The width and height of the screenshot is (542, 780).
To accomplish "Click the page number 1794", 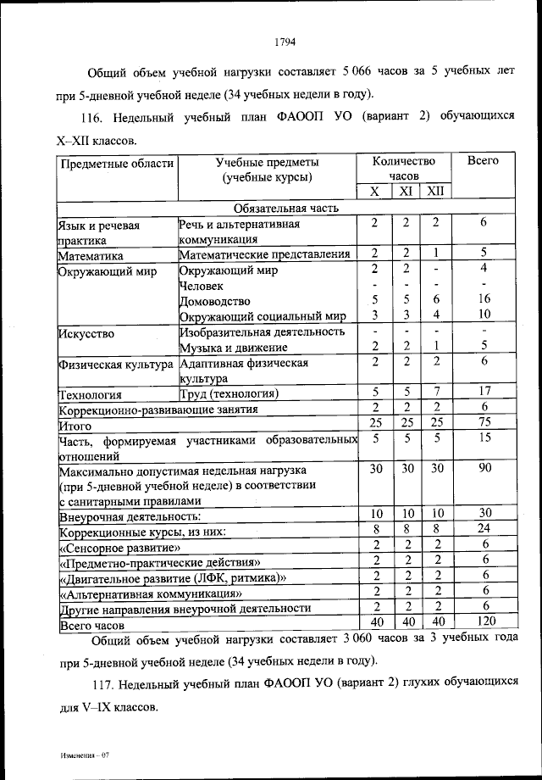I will pos(285,38).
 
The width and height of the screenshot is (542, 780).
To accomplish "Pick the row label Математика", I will pos(91,254).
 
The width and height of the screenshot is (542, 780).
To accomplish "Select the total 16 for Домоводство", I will pos(484,299).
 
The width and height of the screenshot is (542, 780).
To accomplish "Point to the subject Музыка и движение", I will pos(235,348).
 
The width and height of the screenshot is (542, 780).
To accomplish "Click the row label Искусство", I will pos(86,332).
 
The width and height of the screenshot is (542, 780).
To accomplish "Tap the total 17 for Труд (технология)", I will pos(484,392).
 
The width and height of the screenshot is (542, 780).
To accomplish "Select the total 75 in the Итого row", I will pos(484,423).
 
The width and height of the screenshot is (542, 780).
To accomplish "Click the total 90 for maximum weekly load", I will pos(484,468).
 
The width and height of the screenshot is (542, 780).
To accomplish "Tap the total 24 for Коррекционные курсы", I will pos(484,530).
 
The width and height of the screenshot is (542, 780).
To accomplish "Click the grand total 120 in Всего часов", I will pos(484,622).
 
